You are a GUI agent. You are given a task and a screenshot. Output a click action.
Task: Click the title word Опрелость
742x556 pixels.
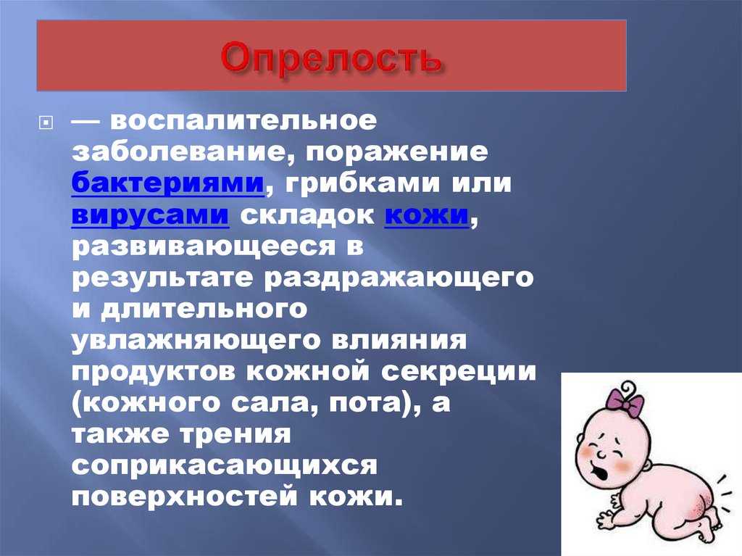point(331,59)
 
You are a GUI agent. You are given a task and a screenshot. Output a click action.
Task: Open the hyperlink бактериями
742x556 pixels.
point(168,183)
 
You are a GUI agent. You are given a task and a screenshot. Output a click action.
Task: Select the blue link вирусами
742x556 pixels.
point(151,215)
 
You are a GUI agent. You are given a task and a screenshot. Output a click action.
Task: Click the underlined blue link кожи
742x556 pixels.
point(426,215)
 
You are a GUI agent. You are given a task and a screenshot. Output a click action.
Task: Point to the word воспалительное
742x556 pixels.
point(243,121)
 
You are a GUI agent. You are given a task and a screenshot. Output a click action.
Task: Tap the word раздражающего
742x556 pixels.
point(399,278)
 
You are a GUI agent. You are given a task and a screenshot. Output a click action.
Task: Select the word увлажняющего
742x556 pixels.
point(196,341)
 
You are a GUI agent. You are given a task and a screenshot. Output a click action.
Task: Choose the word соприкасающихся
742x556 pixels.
point(225,466)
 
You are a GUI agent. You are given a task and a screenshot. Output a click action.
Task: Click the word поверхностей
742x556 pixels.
point(185,497)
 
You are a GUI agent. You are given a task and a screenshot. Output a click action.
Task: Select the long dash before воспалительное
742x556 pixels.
point(86,122)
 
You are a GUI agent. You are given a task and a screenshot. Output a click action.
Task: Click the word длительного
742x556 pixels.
point(204,310)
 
